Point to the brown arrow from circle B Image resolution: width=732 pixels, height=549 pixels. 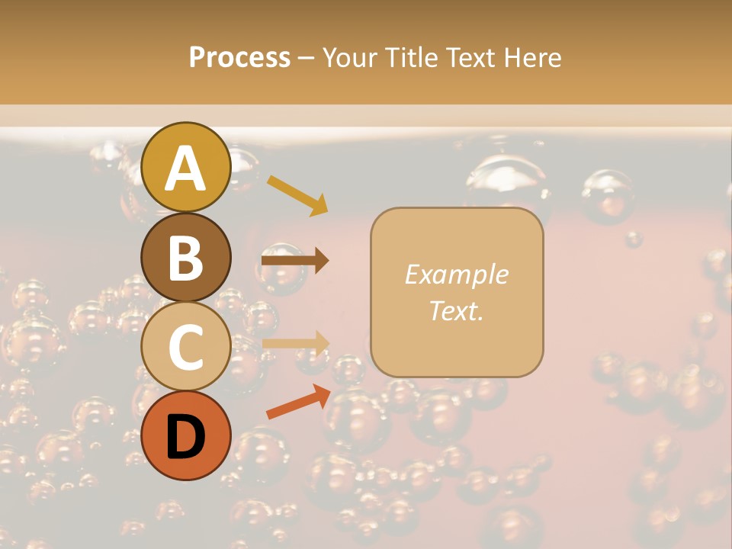(x=294, y=261)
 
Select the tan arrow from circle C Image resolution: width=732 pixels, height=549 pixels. (x=295, y=343)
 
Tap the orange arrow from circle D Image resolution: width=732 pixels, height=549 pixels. (x=297, y=403)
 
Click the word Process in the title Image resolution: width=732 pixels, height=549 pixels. (x=239, y=57)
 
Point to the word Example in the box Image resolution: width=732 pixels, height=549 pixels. (x=456, y=274)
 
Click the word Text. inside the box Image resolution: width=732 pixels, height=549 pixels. (x=456, y=311)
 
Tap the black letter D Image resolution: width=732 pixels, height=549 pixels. (x=186, y=437)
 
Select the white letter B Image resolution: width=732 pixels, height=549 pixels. (x=186, y=258)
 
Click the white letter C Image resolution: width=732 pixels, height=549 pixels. (x=186, y=348)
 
